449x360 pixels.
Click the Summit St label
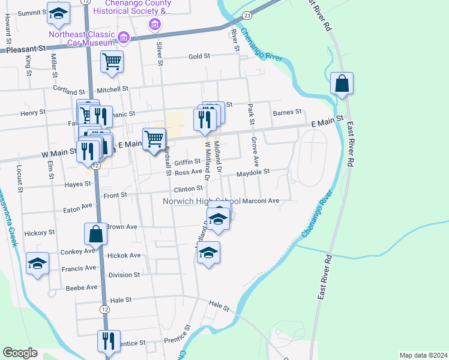(28, 13)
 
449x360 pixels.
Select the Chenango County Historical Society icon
(155, 25)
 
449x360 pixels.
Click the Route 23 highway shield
(247, 13)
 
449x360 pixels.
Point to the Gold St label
(199, 56)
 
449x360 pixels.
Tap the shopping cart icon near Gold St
(112, 61)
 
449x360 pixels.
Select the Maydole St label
(253, 172)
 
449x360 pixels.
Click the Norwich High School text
(201, 201)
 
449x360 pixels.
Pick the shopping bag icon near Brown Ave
(96, 233)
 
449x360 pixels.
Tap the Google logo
(20, 353)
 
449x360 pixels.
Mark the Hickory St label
(40, 232)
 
